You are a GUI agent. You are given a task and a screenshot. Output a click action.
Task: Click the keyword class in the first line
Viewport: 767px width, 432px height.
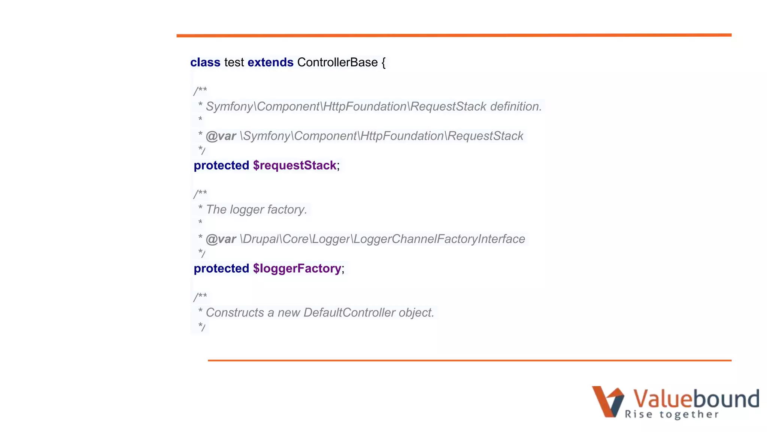(x=205, y=62)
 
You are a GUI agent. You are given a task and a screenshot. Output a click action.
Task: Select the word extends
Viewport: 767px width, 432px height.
(x=270, y=62)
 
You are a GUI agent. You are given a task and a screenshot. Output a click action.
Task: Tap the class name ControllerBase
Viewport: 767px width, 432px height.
(x=337, y=62)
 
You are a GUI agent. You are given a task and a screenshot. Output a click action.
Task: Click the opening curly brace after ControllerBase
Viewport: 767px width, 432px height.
(x=383, y=63)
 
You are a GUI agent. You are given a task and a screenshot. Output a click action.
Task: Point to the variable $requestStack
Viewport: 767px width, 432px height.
(x=294, y=165)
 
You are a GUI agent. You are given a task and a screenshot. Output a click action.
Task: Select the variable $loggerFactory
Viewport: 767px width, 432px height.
(x=297, y=268)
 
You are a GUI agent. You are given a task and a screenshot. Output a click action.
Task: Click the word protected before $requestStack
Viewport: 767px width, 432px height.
(x=221, y=165)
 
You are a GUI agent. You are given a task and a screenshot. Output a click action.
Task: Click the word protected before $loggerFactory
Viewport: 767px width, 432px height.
(x=221, y=268)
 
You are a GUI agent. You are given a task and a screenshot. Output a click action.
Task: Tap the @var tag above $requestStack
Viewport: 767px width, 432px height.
(x=221, y=136)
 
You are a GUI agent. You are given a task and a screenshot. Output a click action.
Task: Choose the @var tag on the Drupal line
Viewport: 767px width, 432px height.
(x=221, y=239)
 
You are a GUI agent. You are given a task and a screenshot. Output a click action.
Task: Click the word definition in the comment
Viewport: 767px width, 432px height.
(x=516, y=106)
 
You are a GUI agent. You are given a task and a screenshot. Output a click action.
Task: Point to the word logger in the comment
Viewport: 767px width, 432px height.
(x=247, y=210)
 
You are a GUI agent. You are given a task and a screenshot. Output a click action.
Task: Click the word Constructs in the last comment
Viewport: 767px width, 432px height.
(x=235, y=313)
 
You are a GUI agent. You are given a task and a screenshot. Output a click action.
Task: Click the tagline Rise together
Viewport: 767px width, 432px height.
(x=672, y=414)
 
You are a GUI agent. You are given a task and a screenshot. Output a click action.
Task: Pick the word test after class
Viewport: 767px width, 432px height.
(x=234, y=62)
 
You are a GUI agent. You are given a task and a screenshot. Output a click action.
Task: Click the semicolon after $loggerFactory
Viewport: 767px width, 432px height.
(x=343, y=269)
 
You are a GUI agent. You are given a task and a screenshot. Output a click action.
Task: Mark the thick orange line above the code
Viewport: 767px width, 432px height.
(x=454, y=35)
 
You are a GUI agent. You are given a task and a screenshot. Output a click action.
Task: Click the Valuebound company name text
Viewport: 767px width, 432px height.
(x=696, y=398)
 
